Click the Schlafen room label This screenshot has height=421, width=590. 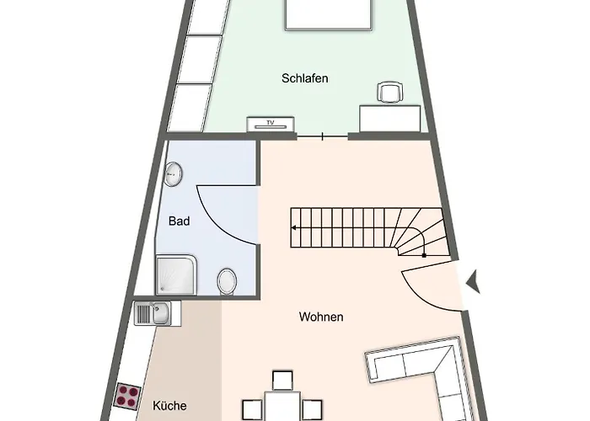coord(305,78)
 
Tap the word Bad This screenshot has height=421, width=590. coord(179,221)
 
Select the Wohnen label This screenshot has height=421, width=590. coord(321,317)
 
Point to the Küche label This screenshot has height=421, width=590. coord(169,406)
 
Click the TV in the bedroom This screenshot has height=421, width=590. coord(271,125)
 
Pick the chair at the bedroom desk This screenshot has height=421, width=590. coord(390,92)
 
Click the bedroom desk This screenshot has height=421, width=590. coord(389,119)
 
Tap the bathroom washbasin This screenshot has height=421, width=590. coord(173,173)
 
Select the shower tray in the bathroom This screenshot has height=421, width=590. coord(176,275)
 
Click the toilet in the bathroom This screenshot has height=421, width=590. coord(227,281)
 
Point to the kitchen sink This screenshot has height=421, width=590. coord(158,313)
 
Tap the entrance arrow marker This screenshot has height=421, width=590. coord(474,281)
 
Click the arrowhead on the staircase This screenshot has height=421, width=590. coord(293,228)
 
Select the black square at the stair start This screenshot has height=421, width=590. coord(424,256)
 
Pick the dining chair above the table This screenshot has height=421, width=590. coord(282,381)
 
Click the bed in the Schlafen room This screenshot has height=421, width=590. coord(329,14)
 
